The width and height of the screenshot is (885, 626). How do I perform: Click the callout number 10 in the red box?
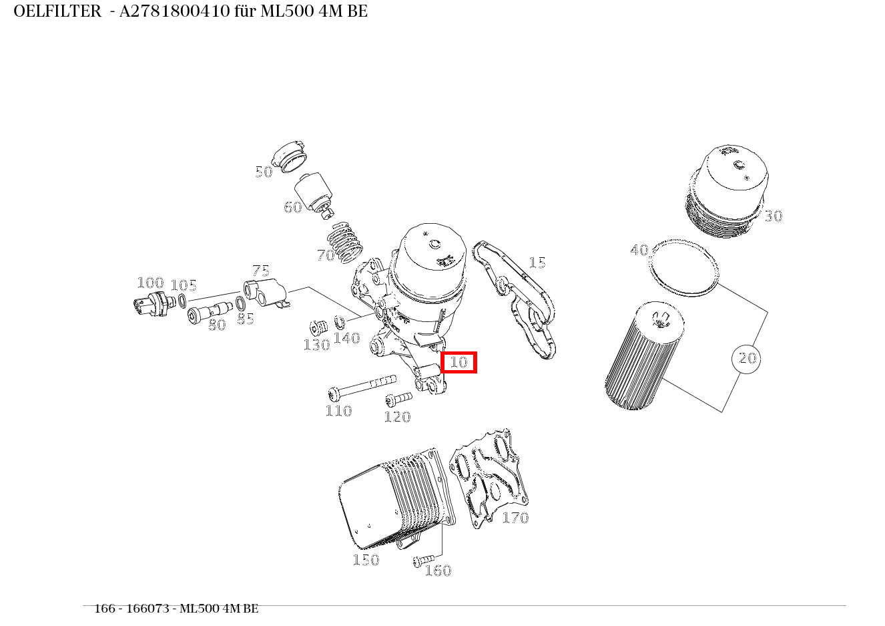point(459,362)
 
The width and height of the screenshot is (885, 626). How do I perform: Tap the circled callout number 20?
point(746,359)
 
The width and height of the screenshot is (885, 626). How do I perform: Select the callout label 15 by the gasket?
point(537,263)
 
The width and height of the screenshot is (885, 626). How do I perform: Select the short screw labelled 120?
point(398,400)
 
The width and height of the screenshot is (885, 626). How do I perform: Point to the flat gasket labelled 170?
point(489,478)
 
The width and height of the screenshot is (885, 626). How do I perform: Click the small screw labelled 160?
point(423,560)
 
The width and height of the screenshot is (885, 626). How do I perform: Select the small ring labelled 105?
point(182,301)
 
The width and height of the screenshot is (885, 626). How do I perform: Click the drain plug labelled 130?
point(317,328)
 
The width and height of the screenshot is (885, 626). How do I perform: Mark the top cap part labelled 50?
point(292,156)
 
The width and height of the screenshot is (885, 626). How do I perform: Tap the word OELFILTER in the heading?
point(57,11)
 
